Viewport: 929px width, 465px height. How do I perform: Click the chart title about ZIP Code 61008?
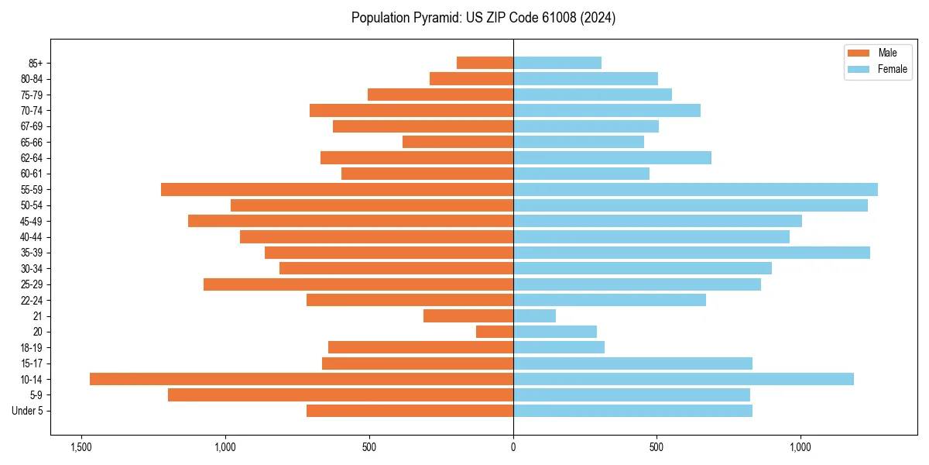483,18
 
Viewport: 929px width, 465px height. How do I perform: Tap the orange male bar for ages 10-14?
301,379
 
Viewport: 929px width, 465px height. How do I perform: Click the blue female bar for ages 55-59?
695,189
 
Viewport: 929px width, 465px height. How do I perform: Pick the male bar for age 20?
495,332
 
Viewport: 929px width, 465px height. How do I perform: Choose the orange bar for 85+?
485,63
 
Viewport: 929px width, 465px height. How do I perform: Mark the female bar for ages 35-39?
691,253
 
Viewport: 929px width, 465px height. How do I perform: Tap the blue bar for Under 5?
632,411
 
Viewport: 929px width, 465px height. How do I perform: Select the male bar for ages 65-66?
458,142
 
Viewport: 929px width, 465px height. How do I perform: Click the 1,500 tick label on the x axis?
81,447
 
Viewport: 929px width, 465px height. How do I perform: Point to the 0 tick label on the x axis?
513,447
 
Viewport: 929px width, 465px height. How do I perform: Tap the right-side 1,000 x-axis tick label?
800,447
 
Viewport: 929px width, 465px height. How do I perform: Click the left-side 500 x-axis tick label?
369,447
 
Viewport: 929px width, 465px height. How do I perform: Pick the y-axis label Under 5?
27,411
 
